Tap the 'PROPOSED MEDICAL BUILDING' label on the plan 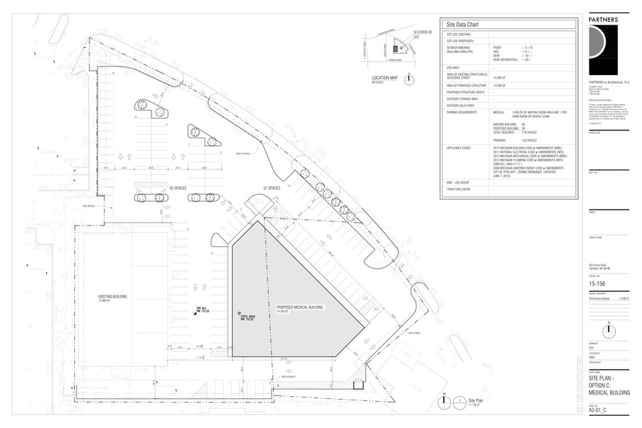(x=300, y=307)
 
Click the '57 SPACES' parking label (x=272, y=189)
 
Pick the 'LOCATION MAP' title (x=385, y=77)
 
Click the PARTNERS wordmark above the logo (x=603, y=18)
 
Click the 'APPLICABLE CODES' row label (x=460, y=147)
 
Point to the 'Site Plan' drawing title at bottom (x=475, y=400)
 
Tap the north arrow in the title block (x=609, y=330)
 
